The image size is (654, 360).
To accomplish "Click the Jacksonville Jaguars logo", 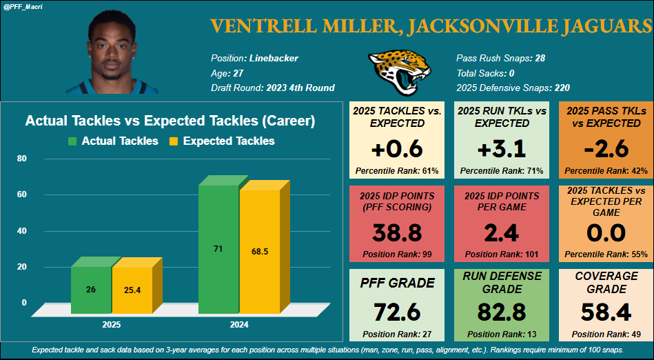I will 394,71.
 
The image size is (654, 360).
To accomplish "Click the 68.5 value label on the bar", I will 259,252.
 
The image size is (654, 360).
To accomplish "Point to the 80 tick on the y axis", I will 21,159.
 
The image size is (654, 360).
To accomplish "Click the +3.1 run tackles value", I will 502,148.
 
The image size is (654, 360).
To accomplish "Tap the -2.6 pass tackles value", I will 606,148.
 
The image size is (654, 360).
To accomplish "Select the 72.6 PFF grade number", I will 397,312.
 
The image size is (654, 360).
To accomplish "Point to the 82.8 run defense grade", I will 502,312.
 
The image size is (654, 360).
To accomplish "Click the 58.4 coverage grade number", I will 606,312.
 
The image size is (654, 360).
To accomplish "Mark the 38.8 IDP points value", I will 397,233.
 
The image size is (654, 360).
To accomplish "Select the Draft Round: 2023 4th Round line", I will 273,88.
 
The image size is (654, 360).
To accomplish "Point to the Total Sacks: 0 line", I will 486,73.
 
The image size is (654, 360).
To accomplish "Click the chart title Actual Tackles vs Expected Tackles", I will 170,121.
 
